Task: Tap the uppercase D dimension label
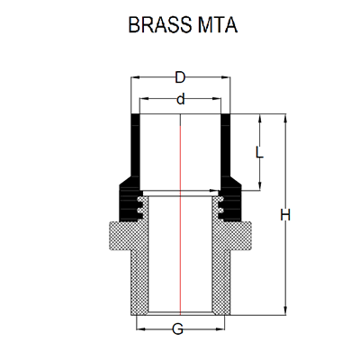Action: pos(181,77)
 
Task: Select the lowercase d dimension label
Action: pos(181,99)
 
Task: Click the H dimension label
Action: pos(285,215)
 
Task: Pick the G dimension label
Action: pos(178,329)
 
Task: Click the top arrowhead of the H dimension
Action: pos(284,119)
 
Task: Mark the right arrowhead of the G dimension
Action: pos(222,319)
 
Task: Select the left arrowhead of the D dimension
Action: pos(136,77)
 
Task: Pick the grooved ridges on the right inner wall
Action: pos(219,209)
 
